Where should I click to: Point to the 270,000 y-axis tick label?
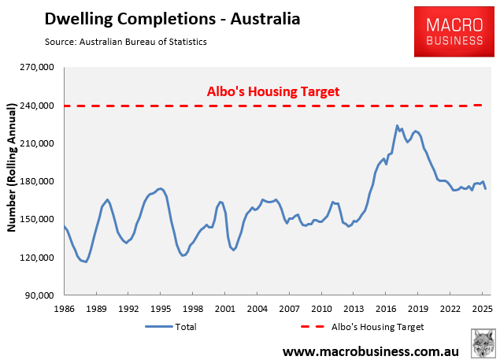[35, 68]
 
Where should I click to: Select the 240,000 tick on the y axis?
[35, 106]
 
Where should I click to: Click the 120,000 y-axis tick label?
[35, 258]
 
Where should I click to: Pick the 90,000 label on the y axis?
[38, 295]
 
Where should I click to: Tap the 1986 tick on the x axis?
[65, 308]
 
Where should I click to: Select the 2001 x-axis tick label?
[225, 308]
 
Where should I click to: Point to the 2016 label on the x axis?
[385, 308]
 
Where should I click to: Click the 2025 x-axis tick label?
[481, 308]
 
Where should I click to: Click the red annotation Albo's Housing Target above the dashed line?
[272, 91]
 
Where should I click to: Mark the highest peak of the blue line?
[398, 125]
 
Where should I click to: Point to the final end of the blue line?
[486, 189]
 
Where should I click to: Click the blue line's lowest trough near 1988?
[86, 262]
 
